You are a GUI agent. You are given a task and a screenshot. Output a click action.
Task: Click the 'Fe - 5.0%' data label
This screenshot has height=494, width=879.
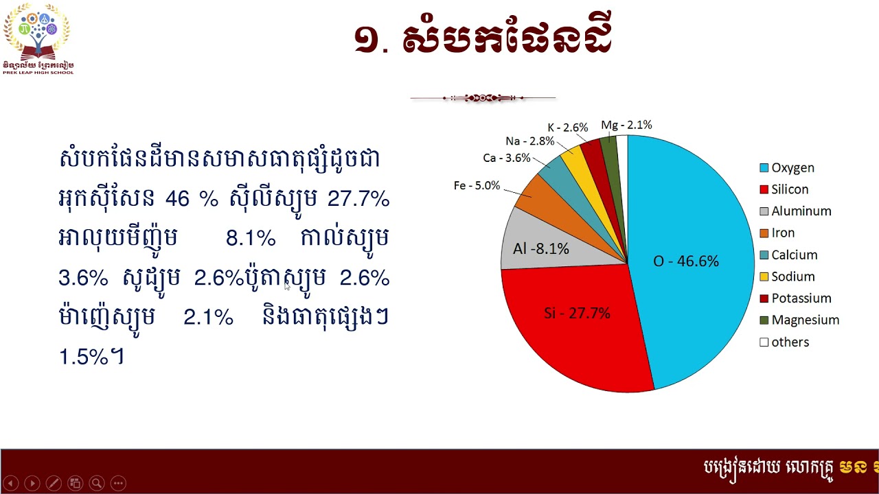tap(477, 186)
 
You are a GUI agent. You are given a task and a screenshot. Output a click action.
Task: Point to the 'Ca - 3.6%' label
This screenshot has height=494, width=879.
tap(507, 158)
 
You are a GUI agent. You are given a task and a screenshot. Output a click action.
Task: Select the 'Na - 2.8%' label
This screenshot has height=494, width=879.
tap(529, 141)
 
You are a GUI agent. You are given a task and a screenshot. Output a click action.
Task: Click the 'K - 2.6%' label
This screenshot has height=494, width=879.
tap(568, 128)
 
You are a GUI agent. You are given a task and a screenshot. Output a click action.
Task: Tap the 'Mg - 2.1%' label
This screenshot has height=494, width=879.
tap(626, 125)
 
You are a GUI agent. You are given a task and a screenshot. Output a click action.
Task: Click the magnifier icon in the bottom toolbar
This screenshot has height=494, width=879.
tap(97, 483)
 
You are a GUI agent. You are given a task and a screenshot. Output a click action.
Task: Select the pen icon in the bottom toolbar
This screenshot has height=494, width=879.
tap(54, 483)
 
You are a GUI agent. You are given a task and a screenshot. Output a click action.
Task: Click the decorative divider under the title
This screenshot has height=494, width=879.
tap(483, 98)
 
